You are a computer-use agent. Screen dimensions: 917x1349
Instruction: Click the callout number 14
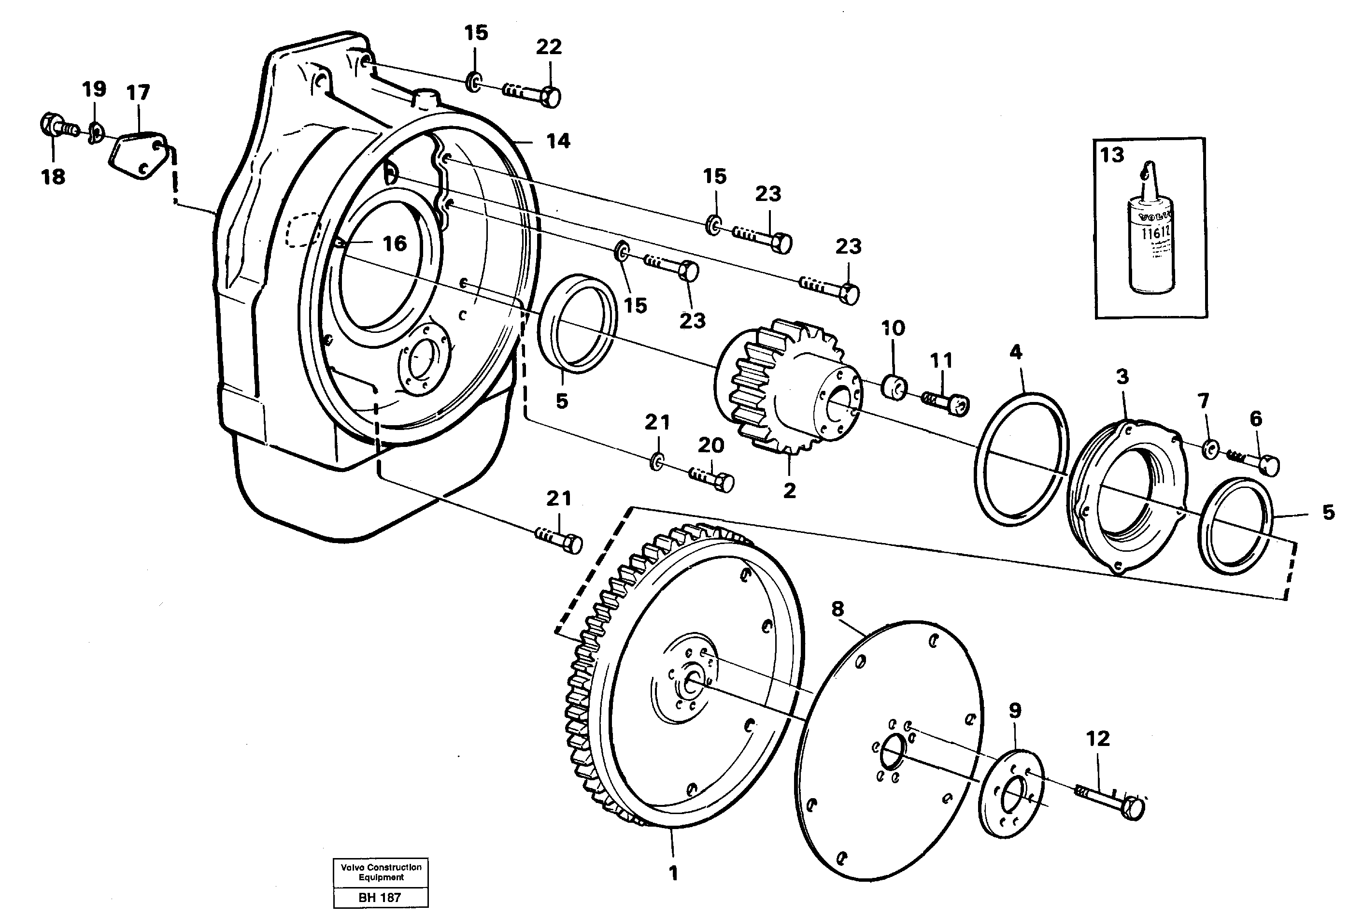point(558,141)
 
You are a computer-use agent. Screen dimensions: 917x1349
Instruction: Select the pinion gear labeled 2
point(786,389)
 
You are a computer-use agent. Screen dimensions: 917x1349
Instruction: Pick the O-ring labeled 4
point(1022,459)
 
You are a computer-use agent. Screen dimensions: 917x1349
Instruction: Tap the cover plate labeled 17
point(138,156)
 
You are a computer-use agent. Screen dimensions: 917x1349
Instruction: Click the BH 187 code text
point(380,897)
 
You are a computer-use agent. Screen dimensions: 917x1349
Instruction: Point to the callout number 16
point(395,244)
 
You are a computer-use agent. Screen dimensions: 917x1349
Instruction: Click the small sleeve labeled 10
point(895,387)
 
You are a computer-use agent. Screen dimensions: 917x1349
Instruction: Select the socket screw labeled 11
point(946,402)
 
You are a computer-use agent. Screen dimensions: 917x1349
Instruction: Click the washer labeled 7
point(1211,449)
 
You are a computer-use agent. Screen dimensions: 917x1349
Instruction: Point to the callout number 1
point(673,874)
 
